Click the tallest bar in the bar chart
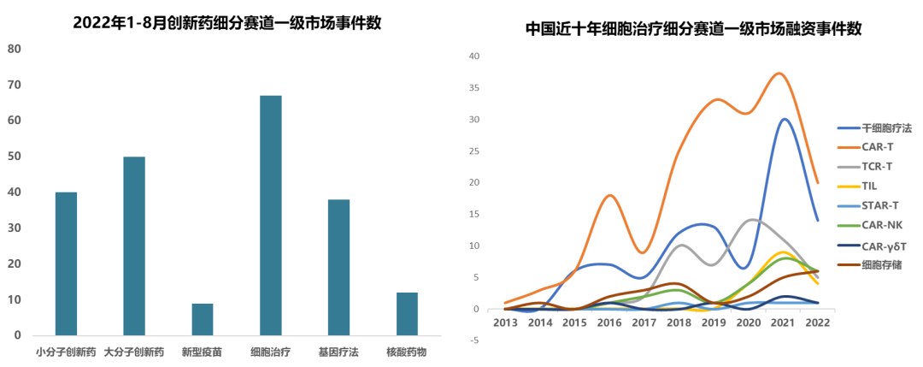click(271, 214)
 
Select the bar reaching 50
click(134, 246)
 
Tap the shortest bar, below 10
click(203, 318)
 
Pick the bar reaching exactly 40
click(66, 263)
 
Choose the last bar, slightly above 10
click(408, 313)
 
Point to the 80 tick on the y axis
click(15, 50)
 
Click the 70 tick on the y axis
click(15, 86)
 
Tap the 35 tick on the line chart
click(475, 88)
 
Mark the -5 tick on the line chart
click(475, 340)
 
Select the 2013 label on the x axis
click(504, 323)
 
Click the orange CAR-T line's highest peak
click(779, 74)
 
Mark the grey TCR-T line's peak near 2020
click(751, 219)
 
